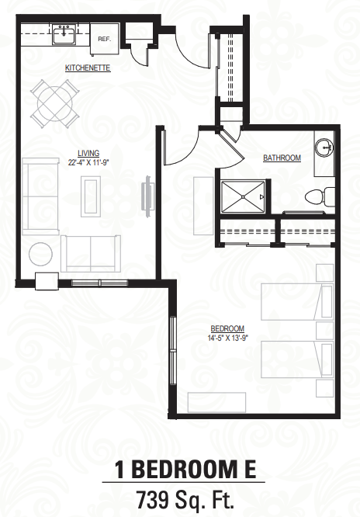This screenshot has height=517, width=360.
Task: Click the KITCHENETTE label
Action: coord(88,68)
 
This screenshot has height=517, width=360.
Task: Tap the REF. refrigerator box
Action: coord(102,36)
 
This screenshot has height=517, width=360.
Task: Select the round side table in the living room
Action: coord(40,253)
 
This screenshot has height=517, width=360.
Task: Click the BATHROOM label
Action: coord(282,158)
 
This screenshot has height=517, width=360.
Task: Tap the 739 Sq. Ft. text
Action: coord(180,498)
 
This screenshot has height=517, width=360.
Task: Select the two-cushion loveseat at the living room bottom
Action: coord(91,250)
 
